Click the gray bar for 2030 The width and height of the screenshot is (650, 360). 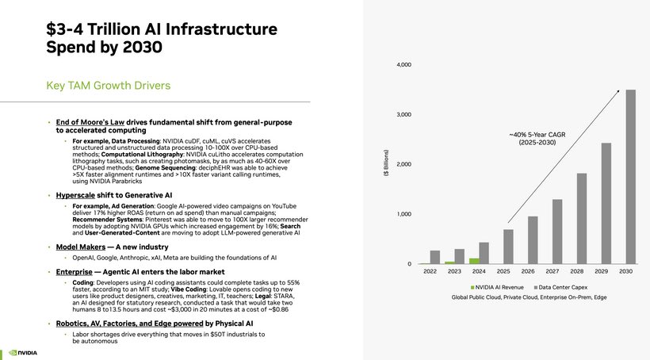(x=630, y=177)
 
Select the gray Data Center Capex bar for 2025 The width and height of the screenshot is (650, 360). (x=508, y=247)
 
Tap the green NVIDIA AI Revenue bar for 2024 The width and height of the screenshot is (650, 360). (x=474, y=261)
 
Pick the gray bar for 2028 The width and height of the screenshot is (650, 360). (x=582, y=219)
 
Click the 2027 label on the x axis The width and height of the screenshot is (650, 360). (x=552, y=271)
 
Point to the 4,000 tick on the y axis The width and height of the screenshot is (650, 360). (x=403, y=65)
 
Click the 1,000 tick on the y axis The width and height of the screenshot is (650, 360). (x=404, y=214)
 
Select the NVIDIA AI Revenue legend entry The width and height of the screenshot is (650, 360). (x=497, y=287)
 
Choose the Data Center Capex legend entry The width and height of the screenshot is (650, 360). (x=560, y=287)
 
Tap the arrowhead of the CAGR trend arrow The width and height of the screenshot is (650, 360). (x=618, y=91)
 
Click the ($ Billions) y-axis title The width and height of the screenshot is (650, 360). (x=386, y=163)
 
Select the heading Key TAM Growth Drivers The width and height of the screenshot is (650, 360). (x=108, y=86)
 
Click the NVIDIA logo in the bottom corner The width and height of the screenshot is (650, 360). (x=23, y=353)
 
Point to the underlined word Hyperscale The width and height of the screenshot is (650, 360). (x=75, y=195)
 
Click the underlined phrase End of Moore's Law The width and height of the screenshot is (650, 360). (x=90, y=122)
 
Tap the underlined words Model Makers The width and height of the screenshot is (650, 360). (x=81, y=247)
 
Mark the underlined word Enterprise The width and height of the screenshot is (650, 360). (x=75, y=272)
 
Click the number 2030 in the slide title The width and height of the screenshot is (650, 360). (x=142, y=47)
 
